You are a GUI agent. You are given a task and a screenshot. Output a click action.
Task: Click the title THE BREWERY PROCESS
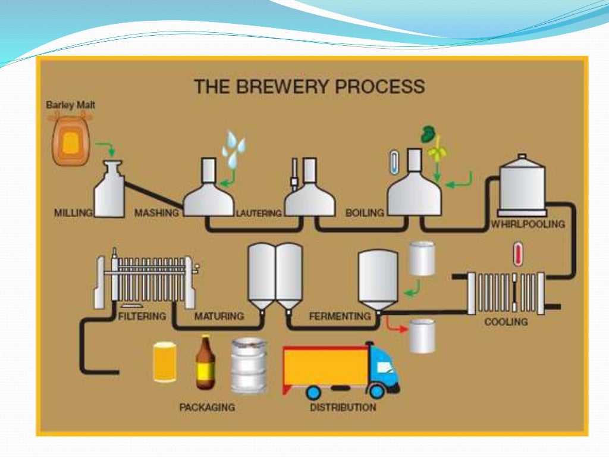pyautogui.click(x=309, y=86)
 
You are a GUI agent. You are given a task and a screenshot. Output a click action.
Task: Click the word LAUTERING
pyautogui.click(x=259, y=213)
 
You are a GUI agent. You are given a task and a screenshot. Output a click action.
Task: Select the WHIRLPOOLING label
pyautogui.click(x=528, y=224)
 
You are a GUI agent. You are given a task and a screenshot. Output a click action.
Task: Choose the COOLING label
pyautogui.click(x=506, y=321)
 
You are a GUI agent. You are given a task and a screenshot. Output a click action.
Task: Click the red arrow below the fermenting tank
pyautogui.click(x=393, y=324)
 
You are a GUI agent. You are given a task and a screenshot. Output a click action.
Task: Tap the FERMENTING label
pyautogui.click(x=340, y=317)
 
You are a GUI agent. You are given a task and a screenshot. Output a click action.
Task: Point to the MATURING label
pyautogui.click(x=219, y=316)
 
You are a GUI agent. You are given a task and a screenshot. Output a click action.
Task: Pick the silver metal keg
pyautogui.click(x=249, y=365)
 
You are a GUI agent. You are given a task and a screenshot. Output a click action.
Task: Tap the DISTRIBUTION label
pyautogui.click(x=343, y=408)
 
